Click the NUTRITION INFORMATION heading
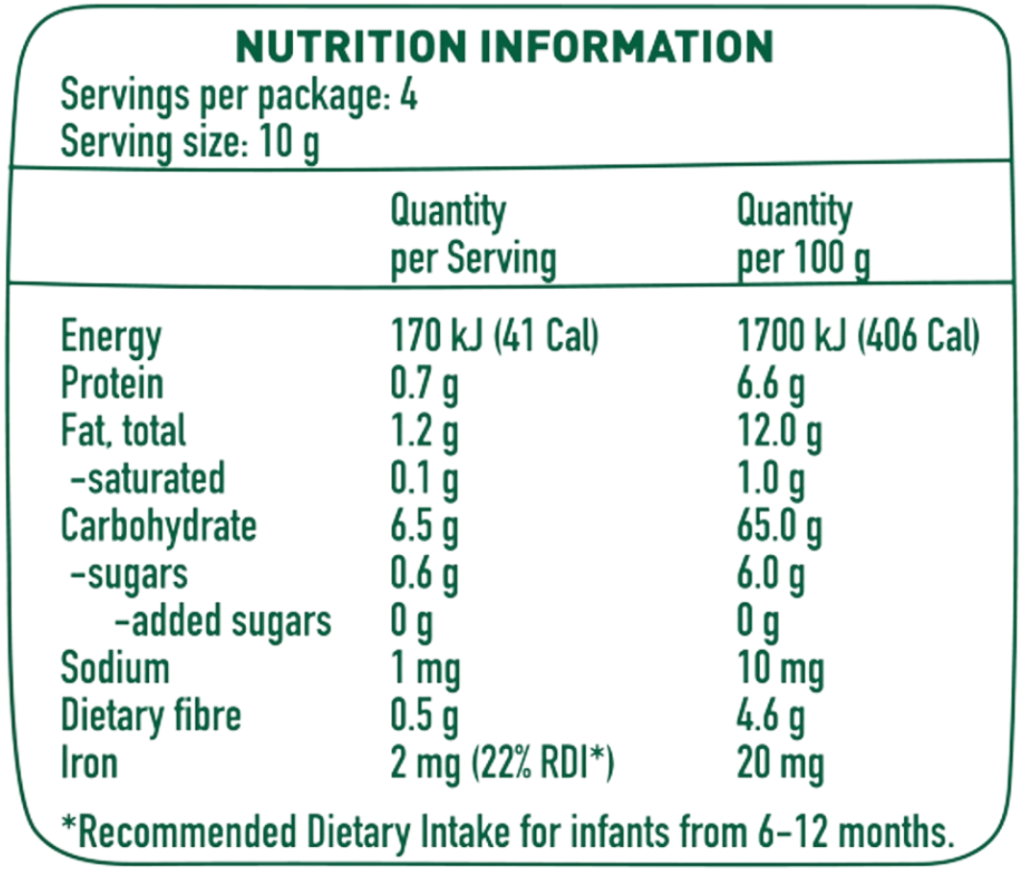pos(504,46)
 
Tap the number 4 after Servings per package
pos(408,95)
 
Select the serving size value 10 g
pos(289,143)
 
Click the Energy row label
pos(111,337)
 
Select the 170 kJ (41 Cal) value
pos(494,336)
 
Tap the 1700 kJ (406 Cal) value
pos(858,336)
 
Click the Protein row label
pos(111,384)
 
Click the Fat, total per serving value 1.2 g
pos(425,433)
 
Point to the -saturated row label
pos(148,478)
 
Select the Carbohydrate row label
pos(159,527)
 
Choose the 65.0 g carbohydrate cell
pos(779,528)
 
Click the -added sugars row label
pos(223,621)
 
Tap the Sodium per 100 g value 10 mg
pos(780,670)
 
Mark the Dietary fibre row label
pos(151,715)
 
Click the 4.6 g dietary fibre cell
pos(770,717)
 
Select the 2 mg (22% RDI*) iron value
pos(502,764)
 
